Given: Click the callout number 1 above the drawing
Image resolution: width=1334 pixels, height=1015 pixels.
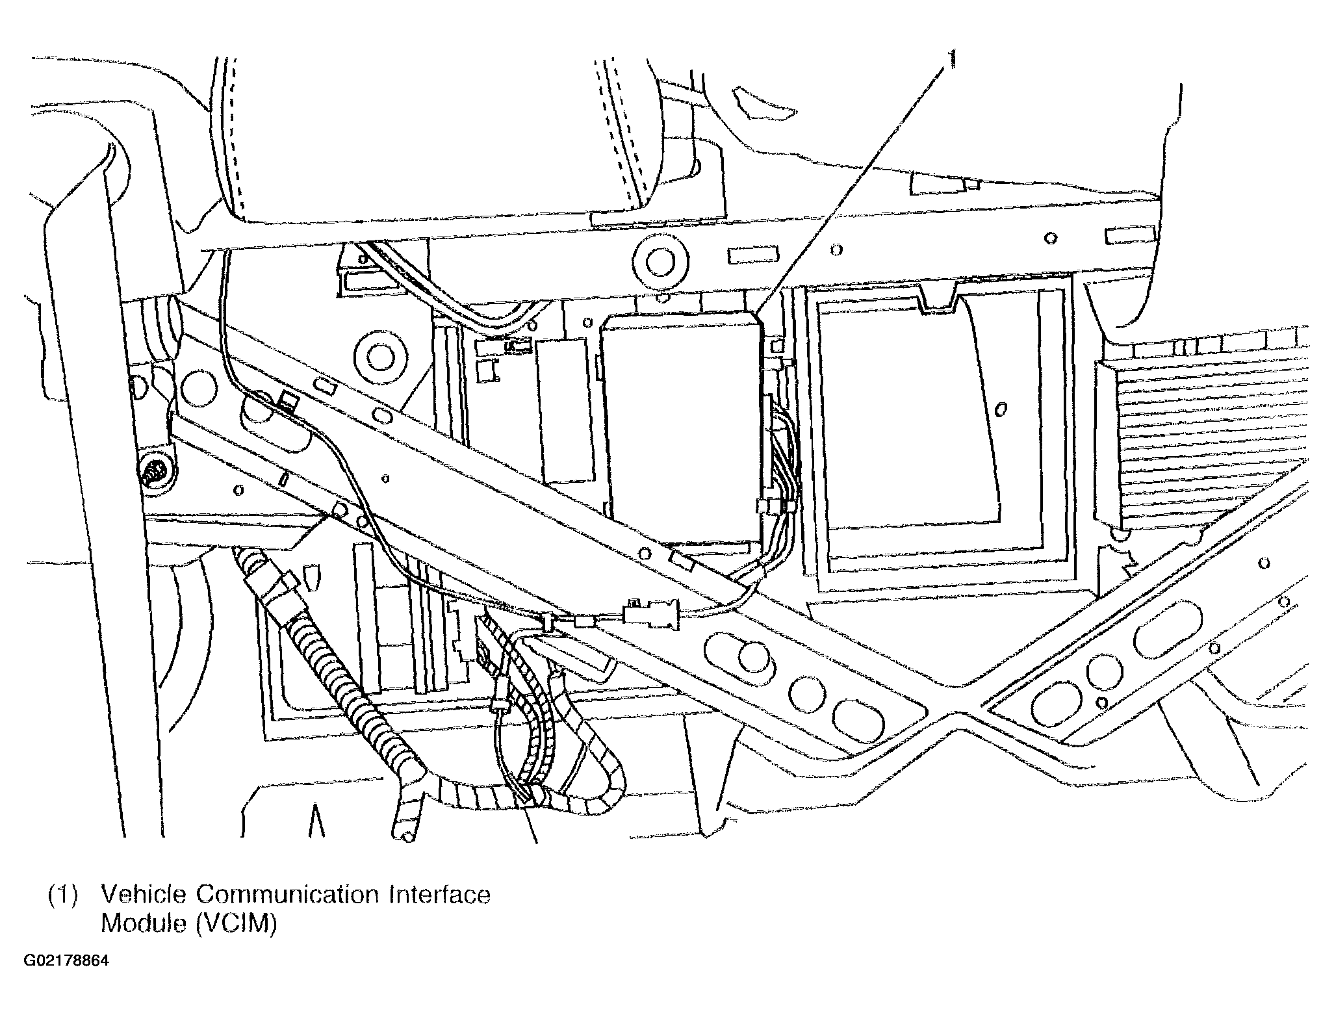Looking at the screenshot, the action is tap(953, 60).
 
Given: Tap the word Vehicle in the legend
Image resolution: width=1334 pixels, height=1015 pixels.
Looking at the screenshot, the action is tap(143, 895).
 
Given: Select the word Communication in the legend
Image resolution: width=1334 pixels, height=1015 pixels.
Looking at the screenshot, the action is tap(287, 895).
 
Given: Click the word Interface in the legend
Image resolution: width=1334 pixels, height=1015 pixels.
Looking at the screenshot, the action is tap(440, 895).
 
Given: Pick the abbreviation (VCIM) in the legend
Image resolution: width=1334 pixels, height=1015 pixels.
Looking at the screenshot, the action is tap(235, 924).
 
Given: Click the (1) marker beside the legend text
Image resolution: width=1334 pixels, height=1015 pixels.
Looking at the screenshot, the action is tap(63, 895).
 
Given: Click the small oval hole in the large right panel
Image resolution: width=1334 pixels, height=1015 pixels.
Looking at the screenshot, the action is tap(1001, 408).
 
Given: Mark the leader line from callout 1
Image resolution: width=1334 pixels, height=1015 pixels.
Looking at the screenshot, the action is tap(852, 192).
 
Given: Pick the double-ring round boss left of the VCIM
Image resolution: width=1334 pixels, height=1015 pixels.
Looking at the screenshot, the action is tap(377, 353).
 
